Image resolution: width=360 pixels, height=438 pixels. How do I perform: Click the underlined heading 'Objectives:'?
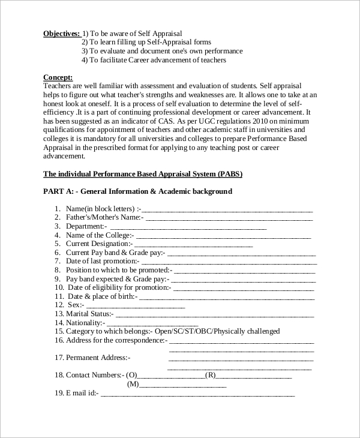[x=61, y=34]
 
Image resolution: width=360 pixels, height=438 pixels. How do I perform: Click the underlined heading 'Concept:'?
[x=58, y=77]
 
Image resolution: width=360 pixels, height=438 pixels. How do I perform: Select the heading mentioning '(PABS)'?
[x=143, y=174]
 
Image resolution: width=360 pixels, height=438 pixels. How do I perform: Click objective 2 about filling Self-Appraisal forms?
[x=154, y=42]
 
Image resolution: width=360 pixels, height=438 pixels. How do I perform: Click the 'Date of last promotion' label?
[x=102, y=262]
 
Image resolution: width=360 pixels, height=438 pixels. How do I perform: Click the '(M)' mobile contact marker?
[x=133, y=384]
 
